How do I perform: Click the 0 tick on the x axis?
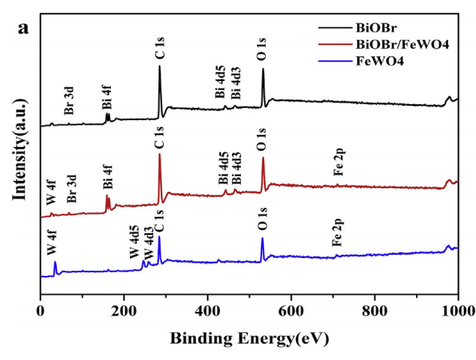click(40, 310)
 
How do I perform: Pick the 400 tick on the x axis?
click(208, 310)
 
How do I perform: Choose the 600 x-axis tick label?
click(291, 310)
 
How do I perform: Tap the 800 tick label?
click(375, 310)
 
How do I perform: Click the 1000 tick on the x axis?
click(457, 310)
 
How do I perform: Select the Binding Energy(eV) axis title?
click(249, 338)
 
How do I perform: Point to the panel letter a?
click(24, 28)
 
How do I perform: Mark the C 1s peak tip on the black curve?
click(159, 66)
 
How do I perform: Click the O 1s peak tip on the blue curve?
click(262, 238)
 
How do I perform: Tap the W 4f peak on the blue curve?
click(55, 262)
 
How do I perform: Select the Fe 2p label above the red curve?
click(339, 162)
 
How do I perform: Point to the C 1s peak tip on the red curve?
click(159, 154)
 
